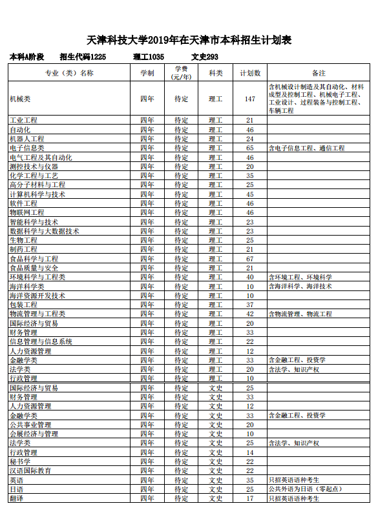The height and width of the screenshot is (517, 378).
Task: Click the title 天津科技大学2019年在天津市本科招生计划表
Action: coord(189,41)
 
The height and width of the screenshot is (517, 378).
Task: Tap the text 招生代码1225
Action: coord(83,57)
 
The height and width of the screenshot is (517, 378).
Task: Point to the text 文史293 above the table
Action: coord(200,57)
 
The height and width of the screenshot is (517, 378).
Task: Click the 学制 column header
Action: coord(147,73)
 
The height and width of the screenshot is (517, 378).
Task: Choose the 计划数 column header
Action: coord(250,73)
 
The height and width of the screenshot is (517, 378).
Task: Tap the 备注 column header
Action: coord(318,73)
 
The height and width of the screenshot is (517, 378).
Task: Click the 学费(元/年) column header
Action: coord(181,73)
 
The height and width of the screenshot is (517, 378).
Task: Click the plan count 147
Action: coord(250,99)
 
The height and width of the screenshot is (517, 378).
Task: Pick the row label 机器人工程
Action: coord(26,139)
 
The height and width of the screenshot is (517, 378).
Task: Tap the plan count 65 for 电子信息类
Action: coord(250,148)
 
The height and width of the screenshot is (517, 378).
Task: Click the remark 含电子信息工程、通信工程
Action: coord(306,148)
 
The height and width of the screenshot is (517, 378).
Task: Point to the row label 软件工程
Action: coord(23,203)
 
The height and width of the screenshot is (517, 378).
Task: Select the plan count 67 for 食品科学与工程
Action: coord(250,259)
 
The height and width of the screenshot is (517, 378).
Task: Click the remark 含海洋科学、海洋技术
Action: coord(300,286)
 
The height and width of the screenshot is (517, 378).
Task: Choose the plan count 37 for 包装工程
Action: coord(250,305)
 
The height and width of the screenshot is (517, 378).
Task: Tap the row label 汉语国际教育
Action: coord(30,471)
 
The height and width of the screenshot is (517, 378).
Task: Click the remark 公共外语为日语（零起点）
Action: coord(305,489)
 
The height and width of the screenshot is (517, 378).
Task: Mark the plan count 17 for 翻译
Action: coord(250,498)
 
